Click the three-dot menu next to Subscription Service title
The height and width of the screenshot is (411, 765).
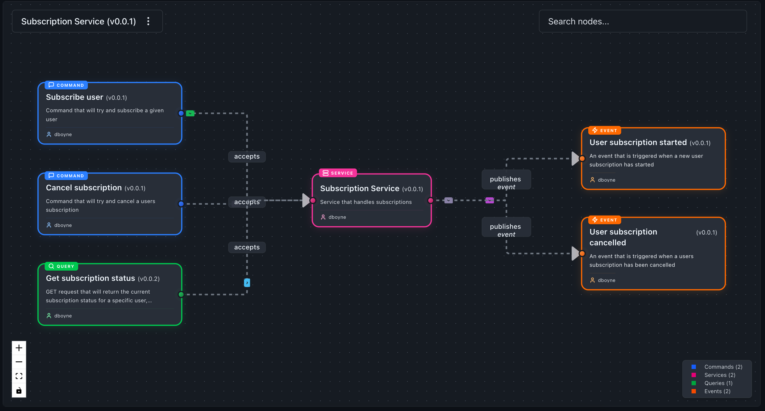pos(148,21)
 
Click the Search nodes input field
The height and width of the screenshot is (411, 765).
pos(642,21)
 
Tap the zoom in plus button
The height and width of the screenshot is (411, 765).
pos(19,348)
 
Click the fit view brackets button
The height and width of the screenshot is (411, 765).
pos(19,376)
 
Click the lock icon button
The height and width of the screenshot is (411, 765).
pos(19,390)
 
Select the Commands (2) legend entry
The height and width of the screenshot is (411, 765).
pos(723,367)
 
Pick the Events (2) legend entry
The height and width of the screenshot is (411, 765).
pos(717,391)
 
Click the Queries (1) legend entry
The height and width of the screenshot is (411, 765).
pos(718,383)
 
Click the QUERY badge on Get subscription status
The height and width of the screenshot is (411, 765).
pos(62,266)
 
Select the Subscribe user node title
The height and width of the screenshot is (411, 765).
pos(75,97)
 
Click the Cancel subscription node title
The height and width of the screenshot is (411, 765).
pos(84,188)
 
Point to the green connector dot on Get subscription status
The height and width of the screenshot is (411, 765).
pos(181,294)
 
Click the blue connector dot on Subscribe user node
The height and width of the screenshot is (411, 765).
pos(181,113)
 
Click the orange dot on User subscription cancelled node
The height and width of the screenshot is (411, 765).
pos(582,253)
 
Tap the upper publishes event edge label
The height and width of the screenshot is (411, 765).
pos(506,183)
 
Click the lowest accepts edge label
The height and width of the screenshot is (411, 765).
pos(247,247)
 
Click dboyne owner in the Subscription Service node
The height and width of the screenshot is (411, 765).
pos(337,217)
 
